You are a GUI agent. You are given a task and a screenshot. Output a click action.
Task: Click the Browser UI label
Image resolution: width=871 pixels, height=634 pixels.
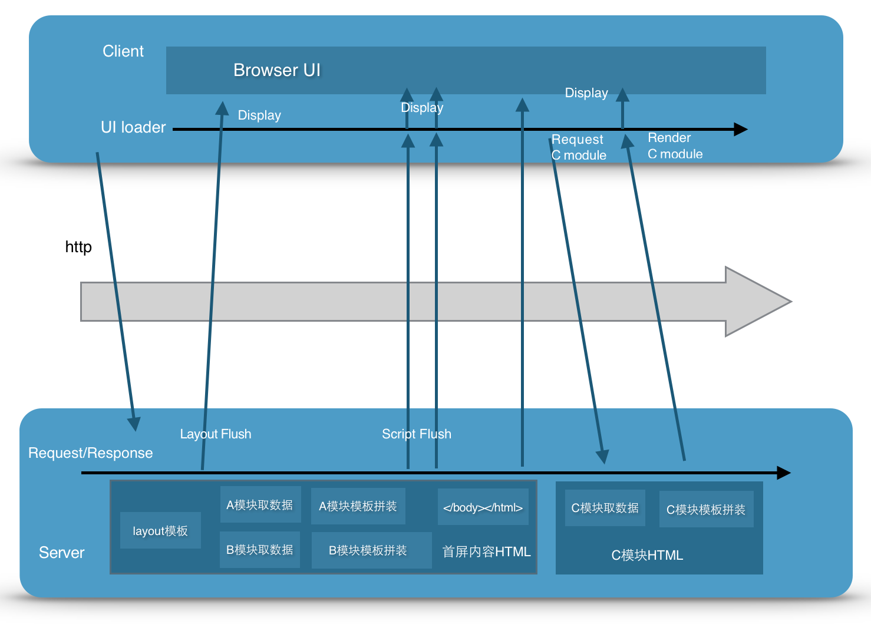(x=277, y=70)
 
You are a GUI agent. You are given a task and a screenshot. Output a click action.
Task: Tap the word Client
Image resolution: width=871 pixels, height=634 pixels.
(x=123, y=51)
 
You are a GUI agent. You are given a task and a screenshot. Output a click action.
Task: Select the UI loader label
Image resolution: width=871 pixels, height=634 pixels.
(x=133, y=127)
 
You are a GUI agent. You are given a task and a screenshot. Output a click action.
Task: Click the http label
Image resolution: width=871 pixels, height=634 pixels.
(x=78, y=246)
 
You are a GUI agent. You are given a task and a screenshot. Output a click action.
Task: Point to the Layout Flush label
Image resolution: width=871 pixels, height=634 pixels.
(x=216, y=434)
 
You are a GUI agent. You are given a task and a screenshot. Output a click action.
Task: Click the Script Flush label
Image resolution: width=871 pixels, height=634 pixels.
(x=417, y=434)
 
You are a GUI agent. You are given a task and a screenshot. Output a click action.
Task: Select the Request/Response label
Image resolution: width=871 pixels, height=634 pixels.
(x=91, y=453)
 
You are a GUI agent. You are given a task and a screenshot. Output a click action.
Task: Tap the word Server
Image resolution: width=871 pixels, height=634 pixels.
(x=62, y=553)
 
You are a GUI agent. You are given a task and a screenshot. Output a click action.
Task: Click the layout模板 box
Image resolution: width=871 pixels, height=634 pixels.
(x=160, y=531)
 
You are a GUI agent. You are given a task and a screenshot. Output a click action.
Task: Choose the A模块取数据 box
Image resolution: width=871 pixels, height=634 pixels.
(x=260, y=505)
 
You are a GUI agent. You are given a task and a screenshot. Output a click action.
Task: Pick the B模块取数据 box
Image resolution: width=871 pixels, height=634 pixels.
(x=260, y=550)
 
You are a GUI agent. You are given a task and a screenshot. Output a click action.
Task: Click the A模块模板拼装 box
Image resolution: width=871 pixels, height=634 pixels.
(x=358, y=506)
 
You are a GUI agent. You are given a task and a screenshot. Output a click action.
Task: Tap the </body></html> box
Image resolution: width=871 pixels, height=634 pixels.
(x=483, y=507)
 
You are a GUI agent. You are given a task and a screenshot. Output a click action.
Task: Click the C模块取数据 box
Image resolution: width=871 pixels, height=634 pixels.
(x=605, y=508)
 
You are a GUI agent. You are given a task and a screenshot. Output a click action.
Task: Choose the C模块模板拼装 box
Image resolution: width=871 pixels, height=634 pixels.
(x=706, y=510)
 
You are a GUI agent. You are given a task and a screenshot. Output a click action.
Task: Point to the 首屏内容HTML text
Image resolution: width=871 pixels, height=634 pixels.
(x=486, y=552)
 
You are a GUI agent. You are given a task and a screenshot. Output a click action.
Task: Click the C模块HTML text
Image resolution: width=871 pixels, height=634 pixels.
(x=647, y=555)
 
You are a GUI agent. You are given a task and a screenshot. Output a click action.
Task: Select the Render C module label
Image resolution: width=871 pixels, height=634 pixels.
(x=675, y=146)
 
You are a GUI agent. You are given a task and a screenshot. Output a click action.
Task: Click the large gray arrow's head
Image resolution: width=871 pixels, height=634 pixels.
(x=757, y=302)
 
